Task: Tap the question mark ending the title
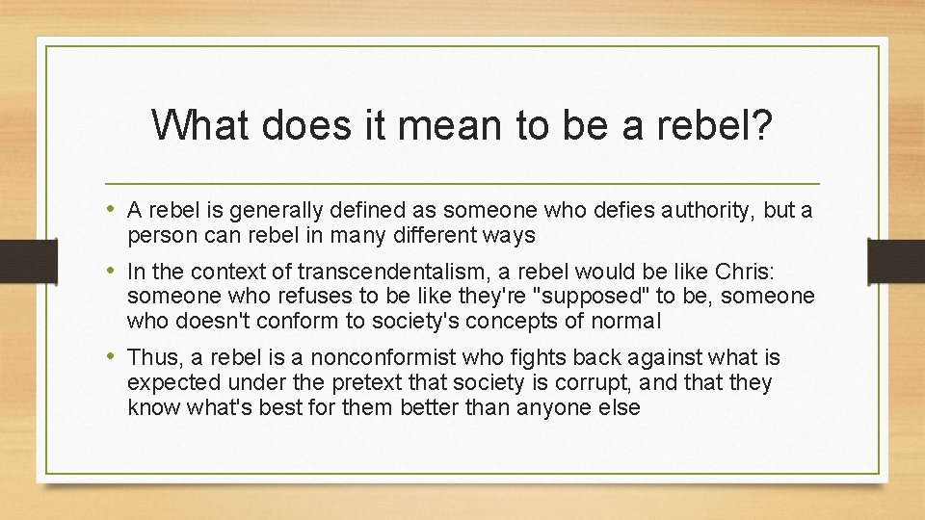pos(762,125)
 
